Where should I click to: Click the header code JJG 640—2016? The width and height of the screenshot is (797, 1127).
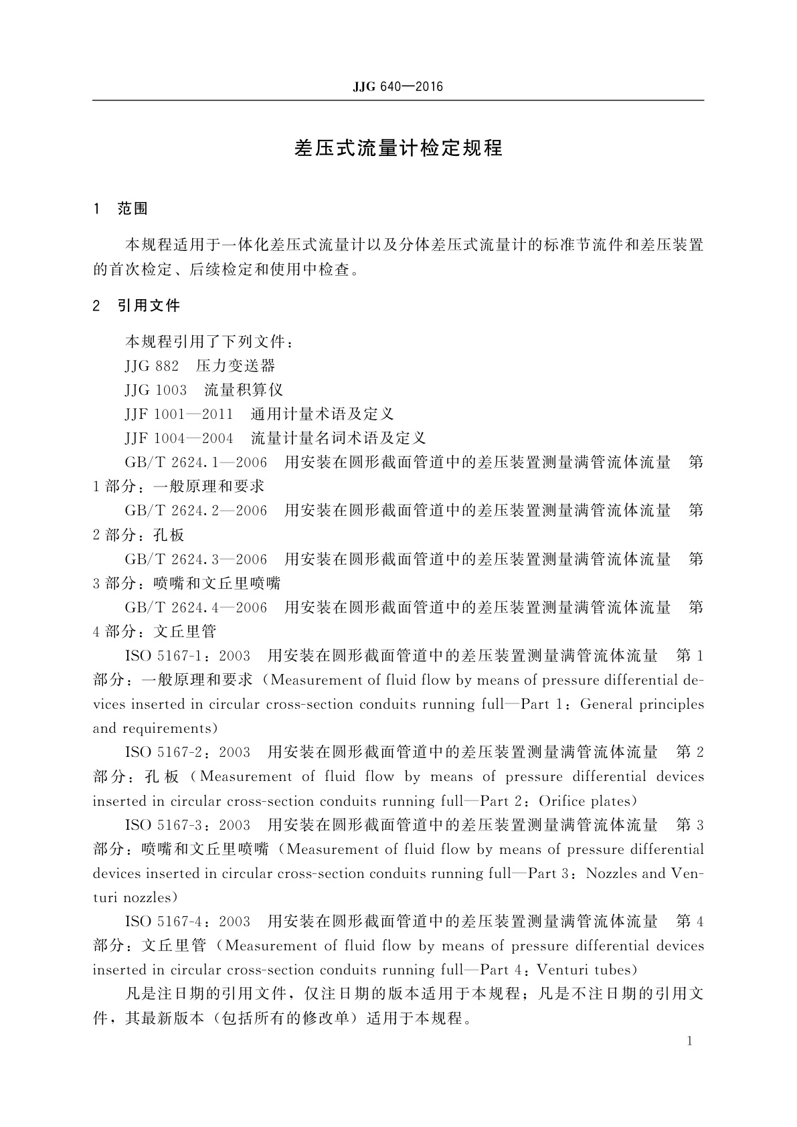tap(397, 87)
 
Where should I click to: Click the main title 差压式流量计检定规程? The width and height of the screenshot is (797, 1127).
tap(398, 148)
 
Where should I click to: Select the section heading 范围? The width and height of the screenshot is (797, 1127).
tap(132, 209)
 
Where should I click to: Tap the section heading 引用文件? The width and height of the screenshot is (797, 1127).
tap(149, 306)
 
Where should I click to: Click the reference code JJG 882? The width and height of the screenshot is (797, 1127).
tap(152, 366)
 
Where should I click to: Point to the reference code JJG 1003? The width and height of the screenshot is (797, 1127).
tap(156, 390)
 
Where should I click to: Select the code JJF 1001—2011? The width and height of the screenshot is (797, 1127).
tap(179, 414)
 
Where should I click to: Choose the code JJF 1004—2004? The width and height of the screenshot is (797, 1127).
tap(179, 438)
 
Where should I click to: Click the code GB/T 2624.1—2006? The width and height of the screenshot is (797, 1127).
tap(195, 462)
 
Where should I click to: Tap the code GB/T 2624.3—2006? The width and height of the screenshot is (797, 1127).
tap(195, 559)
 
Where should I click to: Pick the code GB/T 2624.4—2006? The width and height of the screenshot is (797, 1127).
tap(195, 607)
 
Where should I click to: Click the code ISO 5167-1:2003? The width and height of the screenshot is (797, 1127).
tap(187, 655)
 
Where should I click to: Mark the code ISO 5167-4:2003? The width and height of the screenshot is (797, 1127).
tap(187, 922)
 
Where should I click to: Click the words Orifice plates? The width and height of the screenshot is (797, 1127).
tap(584, 801)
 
